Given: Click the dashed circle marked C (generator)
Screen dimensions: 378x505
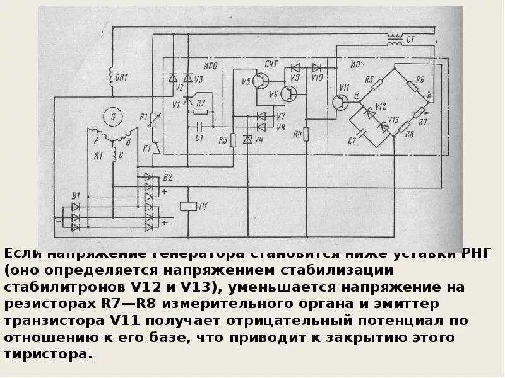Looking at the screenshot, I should [x=114, y=117].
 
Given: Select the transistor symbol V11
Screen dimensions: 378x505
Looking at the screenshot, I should [x=341, y=102].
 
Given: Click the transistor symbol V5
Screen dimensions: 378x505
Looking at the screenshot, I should [x=261, y=81].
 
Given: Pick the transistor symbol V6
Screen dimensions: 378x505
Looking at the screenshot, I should [x=289, y=95].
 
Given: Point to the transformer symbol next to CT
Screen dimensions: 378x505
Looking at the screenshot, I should [x=395, y=40].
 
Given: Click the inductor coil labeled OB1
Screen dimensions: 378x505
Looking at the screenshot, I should [x=112, y=77].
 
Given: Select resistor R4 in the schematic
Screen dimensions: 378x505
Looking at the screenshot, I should [x=306, y=134].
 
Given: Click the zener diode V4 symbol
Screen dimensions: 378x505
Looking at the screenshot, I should [x=247, y=139].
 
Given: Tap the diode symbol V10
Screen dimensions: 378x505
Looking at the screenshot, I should [x=317, y=67].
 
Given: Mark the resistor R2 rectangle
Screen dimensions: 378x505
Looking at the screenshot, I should [x=200, y=112].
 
